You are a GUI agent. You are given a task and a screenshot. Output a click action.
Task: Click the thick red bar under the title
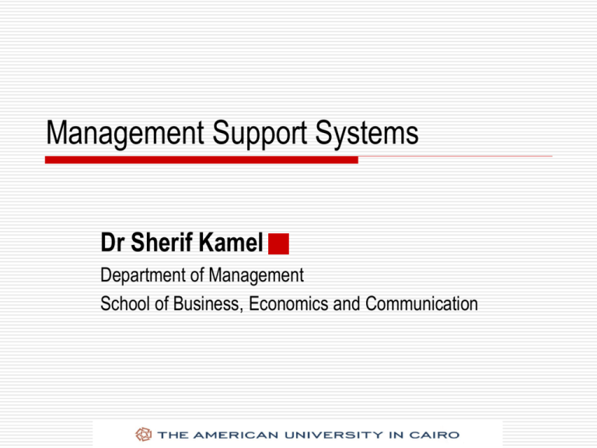click(201, 159)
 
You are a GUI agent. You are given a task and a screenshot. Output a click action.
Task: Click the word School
click(122, 303)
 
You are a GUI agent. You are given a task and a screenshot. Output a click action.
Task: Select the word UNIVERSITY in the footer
click(332, 434)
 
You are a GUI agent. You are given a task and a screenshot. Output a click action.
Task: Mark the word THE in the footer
click(170, 434)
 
